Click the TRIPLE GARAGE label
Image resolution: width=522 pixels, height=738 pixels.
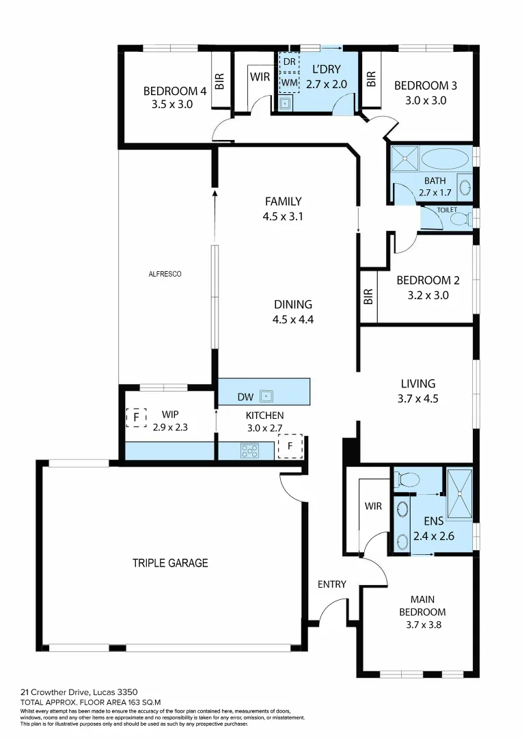[170, 563]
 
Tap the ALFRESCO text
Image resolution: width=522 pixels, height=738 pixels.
[165, 274]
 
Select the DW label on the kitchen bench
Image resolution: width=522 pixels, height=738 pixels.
[245, 396]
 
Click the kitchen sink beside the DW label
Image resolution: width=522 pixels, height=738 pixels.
[270, 395]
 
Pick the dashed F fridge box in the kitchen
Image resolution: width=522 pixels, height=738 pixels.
[292, 446]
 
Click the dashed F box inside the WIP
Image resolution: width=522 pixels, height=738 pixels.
[136, 417]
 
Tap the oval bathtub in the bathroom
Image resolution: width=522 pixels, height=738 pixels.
[445, 159]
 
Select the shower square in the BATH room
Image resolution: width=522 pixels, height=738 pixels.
[404, 159]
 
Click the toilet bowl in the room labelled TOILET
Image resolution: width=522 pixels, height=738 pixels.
[461, 219]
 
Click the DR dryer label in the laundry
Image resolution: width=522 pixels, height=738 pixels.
[290, 62]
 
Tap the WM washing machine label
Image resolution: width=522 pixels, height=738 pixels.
[290, 82]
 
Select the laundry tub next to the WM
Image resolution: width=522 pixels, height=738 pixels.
[286, 105]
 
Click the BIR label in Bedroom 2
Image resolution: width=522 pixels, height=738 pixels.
[369, 296]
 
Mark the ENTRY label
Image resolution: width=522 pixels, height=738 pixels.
[332, 584]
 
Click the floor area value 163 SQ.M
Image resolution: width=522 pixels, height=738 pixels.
[139, 702]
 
